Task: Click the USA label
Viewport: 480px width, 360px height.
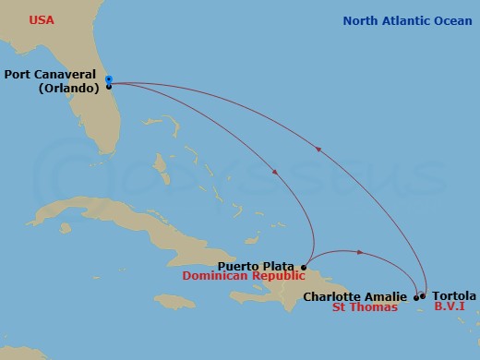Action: [x=42, y=19]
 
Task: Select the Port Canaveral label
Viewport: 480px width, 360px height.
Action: [x=52, y=76]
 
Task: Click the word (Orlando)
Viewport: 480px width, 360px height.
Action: [x=69, y=89]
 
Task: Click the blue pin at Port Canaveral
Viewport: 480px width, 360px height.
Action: [x=109, y=79]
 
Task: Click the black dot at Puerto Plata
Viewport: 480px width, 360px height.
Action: [x=305, y=267]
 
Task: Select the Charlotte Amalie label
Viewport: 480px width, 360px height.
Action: [x=354, y=297]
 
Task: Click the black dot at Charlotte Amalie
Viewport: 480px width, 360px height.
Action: [x=415, y=297]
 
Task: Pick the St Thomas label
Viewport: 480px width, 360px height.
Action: [x=365, y=308]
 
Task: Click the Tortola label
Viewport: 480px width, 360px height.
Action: [x=453, y=296]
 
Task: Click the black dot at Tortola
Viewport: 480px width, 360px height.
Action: [x=423, y=297]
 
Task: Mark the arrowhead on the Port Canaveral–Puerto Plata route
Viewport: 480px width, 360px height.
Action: [x=275, y=172]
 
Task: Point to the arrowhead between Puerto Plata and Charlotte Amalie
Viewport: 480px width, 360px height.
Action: [x=359, y=250]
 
